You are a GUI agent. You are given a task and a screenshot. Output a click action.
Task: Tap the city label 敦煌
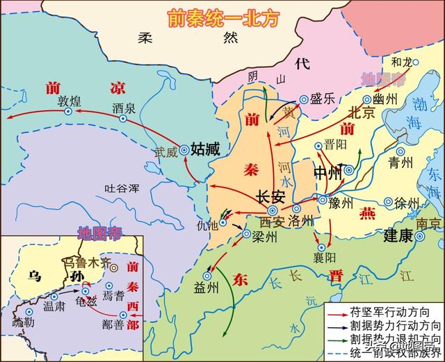70,99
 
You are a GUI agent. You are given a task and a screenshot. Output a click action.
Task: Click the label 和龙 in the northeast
403,62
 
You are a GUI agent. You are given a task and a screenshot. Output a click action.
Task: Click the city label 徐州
407,203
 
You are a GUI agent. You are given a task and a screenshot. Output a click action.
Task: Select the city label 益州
207,288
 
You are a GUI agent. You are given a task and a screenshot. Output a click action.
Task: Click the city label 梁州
265,236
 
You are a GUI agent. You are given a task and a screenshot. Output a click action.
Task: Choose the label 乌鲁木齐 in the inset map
88,262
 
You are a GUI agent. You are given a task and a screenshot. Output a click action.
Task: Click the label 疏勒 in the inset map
22,325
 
